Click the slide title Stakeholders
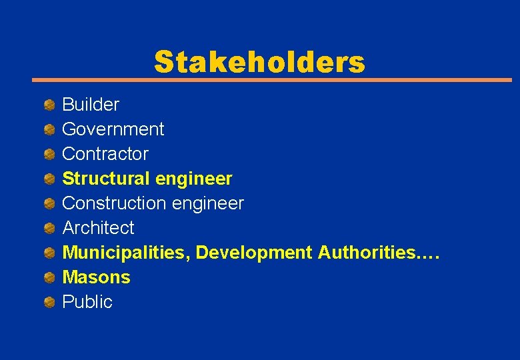tap(259, 62)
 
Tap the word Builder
tap(91, 105)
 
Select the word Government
tap(113, 129)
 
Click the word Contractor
tap(105, 154)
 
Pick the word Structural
tap(106, 179)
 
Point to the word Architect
tap(98, 228)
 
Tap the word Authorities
tap(378, 253)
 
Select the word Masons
tap(96, 277)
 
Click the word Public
tap(87, 302)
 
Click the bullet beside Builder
tap(49, 105)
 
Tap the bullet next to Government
tap(49, 129)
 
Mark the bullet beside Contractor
tap(49, 154)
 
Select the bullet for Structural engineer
tap(49, 179)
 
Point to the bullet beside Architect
tap(49, 228)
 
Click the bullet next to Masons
tap(49, 277)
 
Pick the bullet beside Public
tap(49, 302)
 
